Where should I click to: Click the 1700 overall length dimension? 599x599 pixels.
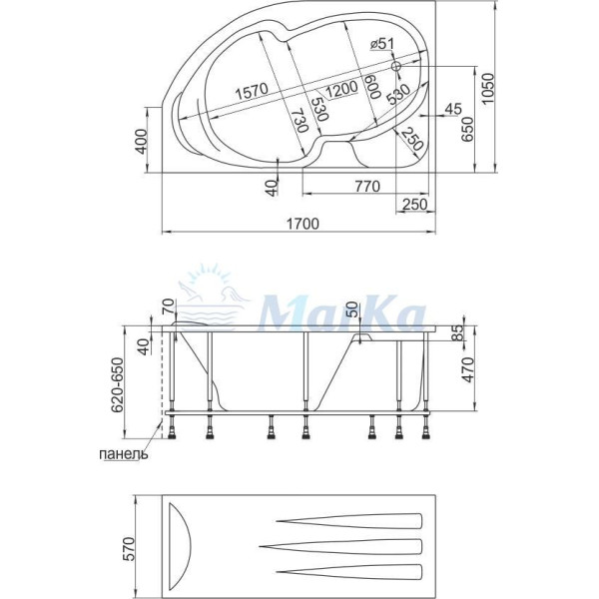(302, 223)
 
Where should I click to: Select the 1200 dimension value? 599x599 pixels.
(340, 88)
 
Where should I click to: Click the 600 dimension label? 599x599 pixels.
(370, 85)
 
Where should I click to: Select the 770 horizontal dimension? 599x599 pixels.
(367, 185)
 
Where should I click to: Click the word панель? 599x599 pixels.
(125, 454)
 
